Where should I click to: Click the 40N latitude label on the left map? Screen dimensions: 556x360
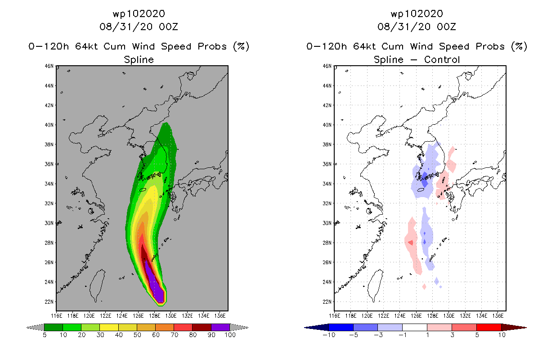point(49,125)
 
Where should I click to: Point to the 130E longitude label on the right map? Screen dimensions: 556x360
point(449,316)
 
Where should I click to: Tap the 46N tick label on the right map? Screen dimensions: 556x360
point(327,66)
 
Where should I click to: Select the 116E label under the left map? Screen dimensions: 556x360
point(56,316)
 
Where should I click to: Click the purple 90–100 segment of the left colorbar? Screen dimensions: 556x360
point(220,327)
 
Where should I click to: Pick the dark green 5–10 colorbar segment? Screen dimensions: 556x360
point(54,327)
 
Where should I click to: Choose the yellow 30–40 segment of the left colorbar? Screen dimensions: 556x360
point(109,327)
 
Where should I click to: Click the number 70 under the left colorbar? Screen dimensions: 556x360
point(175,335)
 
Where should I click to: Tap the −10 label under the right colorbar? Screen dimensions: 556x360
point(329,335)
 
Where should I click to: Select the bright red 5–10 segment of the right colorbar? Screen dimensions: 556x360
point(489,327)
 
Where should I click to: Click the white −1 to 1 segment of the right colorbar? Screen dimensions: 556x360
point(414,327)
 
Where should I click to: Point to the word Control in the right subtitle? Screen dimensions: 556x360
point(442,59)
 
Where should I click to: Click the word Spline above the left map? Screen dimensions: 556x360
point(139,60)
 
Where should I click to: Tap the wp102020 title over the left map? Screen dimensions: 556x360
point(139,14)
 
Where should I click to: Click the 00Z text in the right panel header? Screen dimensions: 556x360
point(446,27)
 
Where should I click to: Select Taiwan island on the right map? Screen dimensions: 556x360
point(374,285)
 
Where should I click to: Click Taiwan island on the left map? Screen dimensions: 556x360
point(96,285)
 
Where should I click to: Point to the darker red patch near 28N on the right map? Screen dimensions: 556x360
point(411,242)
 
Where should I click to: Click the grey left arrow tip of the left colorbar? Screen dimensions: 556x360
point(27,328)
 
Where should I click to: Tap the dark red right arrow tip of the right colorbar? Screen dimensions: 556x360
point(526,328)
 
